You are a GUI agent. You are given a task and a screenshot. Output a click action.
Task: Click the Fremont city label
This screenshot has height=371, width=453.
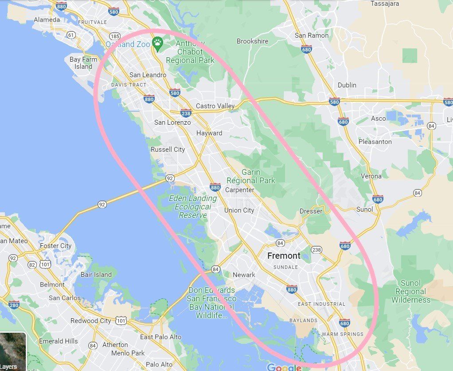(284, 256)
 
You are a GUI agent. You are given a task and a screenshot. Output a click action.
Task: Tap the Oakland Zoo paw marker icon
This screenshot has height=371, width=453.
(157, 43)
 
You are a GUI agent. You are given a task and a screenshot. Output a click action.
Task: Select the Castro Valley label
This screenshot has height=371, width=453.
(215, 106)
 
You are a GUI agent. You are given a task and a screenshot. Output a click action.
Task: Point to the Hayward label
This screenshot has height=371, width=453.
(209, 133)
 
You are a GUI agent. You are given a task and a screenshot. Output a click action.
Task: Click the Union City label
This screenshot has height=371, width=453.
(239, 210)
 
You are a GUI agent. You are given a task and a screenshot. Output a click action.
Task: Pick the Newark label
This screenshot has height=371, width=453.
(244, 275)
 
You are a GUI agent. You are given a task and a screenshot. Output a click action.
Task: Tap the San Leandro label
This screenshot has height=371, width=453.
(148, 75)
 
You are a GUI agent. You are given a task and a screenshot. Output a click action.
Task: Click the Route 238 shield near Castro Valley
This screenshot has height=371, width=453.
(186, 113)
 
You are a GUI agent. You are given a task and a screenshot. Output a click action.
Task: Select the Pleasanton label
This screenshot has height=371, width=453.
(375, 142)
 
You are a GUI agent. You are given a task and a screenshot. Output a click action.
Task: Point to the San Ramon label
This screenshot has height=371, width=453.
(312, 36)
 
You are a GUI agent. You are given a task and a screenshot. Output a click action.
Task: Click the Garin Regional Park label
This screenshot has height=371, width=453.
(251, 176)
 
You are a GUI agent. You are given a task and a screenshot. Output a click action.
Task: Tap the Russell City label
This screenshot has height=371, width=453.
(168, 150)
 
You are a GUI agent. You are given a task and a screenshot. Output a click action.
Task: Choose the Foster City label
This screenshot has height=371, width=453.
(55, 246)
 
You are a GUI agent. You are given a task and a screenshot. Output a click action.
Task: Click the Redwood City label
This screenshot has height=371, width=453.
(90, 320)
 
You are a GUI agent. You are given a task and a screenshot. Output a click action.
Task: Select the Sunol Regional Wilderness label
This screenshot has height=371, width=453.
(410, 292)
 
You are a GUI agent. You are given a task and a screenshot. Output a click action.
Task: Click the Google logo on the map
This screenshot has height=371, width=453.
(284, 367)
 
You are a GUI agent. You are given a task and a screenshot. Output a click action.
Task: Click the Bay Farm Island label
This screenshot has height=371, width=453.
(83, 63)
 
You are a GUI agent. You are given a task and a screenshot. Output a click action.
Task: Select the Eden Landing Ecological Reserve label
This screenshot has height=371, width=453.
(193, 207)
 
